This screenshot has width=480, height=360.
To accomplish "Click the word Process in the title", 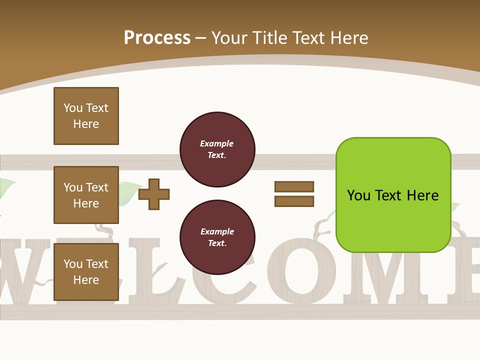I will [157, 38].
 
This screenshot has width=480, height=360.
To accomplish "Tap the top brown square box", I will [86, 116].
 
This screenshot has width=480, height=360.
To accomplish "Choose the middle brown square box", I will [86, 195].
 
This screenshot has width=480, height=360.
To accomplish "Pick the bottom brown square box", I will [86, 272].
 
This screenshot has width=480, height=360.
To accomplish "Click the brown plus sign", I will [154, 194].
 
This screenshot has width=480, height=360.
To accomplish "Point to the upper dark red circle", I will [217, 149].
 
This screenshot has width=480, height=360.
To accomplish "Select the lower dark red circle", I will [217, 237].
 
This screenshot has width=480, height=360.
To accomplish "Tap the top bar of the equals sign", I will [294, 186].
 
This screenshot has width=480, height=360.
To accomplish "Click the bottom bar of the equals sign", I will [294, 201].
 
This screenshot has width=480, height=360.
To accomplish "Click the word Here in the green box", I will [422, 195].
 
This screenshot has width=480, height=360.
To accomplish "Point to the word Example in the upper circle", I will [217, 143].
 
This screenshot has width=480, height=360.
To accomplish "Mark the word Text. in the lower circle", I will [217, 243].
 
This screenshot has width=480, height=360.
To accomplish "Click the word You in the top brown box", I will [73, 108].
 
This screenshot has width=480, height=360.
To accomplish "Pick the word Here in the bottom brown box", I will [86, 280].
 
